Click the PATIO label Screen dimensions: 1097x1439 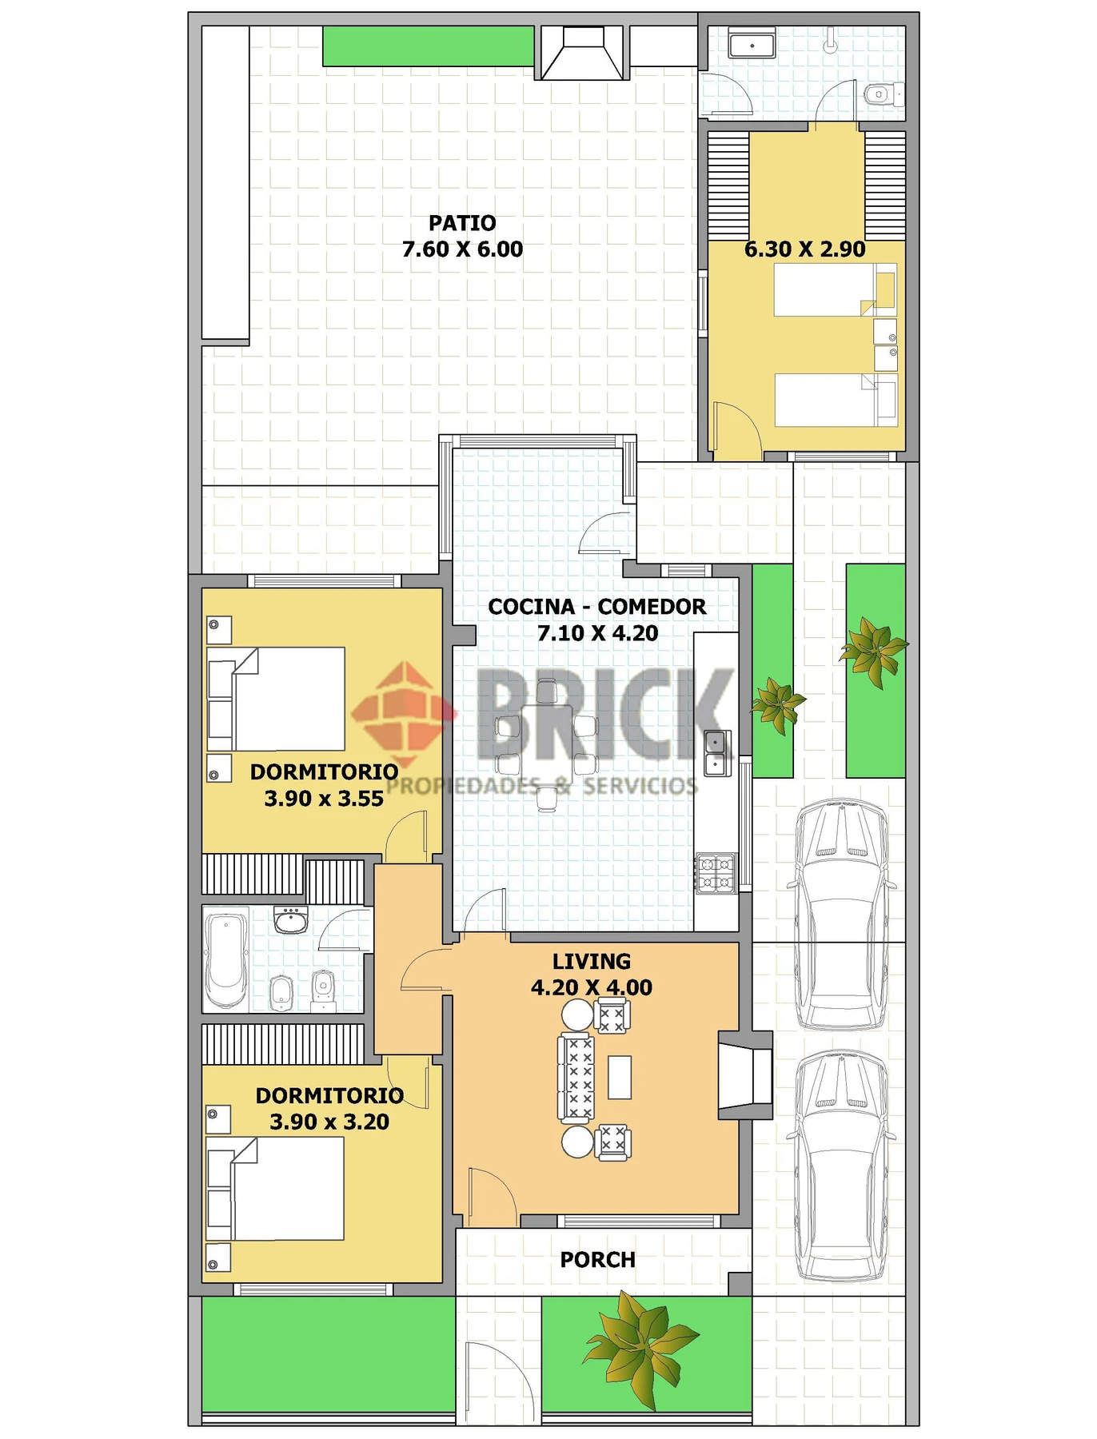pyautogui.click(x=462, y=223)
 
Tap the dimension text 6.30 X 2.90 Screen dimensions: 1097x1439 pyautogui.click(x=804, y=249)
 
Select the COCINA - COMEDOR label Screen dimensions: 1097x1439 pyautogui.click(x=597, y=607)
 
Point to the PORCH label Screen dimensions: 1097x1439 pyautogui.click(x=598, y=1260)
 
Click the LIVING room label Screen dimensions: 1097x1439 pyautogui.click(x=592, y=961)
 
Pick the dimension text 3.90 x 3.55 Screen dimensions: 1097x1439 pyautogui.click(x=324, y=799)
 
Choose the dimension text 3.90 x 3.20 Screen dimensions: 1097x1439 pyautogui.click(x=329, y=1122)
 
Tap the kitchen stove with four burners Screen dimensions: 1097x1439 pyautogui.click(x=716, y=873)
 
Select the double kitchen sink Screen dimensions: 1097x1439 pyautogui.click(x=717, y=753)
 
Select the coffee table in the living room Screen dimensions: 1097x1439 pyautogui.click(x=620, y=1077)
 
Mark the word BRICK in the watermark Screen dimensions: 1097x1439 pyautogui.click(x=604, y=714)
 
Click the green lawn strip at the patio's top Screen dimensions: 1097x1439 pyautogui.click(x=429, y=46)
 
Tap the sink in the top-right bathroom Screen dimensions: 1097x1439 pyautogui.click(x=752, y=45)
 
